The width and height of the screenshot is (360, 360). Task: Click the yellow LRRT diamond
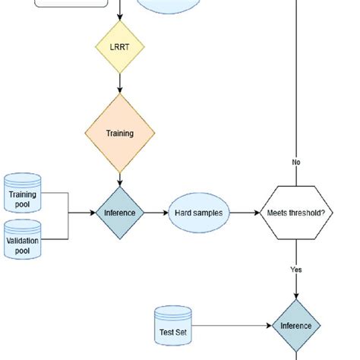point(119,48)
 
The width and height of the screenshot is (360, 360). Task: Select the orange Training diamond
point(119,133)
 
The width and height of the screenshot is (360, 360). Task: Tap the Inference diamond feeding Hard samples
point(119,213)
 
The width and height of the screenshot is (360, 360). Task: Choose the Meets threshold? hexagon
point(296,213)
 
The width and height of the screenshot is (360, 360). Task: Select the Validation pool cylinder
point(23,241)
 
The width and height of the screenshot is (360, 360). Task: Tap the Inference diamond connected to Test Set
point(296,326)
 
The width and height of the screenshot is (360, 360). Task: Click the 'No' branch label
point(296,162)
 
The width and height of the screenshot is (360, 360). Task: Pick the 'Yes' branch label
point(296,269)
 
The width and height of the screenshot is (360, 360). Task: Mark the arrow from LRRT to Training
point(119,84)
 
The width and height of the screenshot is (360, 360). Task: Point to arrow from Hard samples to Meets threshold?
point(245,213)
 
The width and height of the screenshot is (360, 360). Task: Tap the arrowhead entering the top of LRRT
point(119,18)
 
